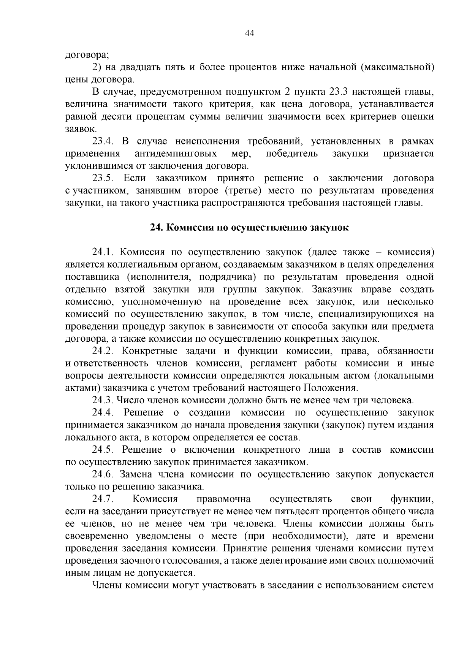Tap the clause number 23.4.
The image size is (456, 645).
(103, 141)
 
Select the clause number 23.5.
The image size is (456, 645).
(103, 178)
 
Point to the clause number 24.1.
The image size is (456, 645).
(103, 252)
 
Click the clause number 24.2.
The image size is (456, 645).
(103, 351)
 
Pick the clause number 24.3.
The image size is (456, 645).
(103, 400)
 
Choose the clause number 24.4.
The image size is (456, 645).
(103, 412)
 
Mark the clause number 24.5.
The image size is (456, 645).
(103, 450)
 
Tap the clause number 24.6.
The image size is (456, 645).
(103, 474)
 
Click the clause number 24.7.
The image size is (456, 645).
(103, 499)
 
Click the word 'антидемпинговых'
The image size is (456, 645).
(176, 154)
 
